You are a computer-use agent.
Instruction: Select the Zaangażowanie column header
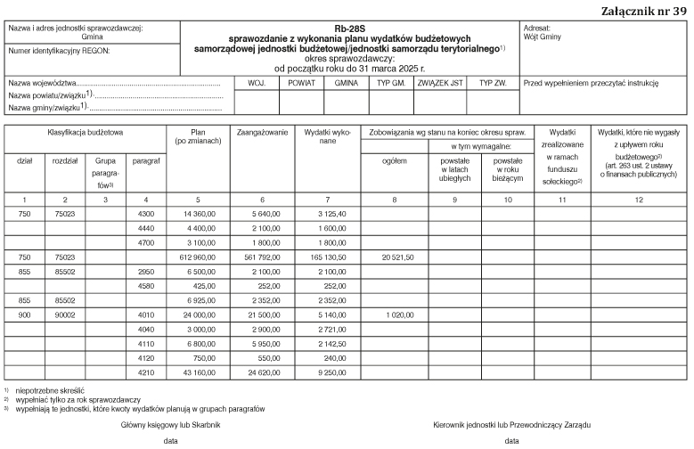262,131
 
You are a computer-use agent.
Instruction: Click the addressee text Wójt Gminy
543,37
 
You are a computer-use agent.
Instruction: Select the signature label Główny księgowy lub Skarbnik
170,424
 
